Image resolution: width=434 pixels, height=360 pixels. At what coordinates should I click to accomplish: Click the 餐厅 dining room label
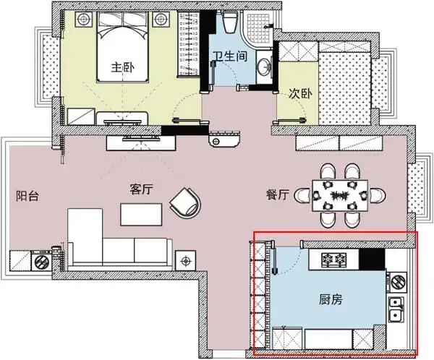(278, 195)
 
